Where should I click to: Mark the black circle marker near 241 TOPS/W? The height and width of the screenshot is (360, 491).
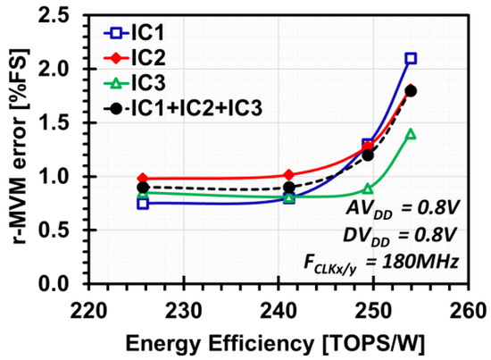[289, 188]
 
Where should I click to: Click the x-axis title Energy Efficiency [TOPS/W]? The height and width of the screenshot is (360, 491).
[279, 342]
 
